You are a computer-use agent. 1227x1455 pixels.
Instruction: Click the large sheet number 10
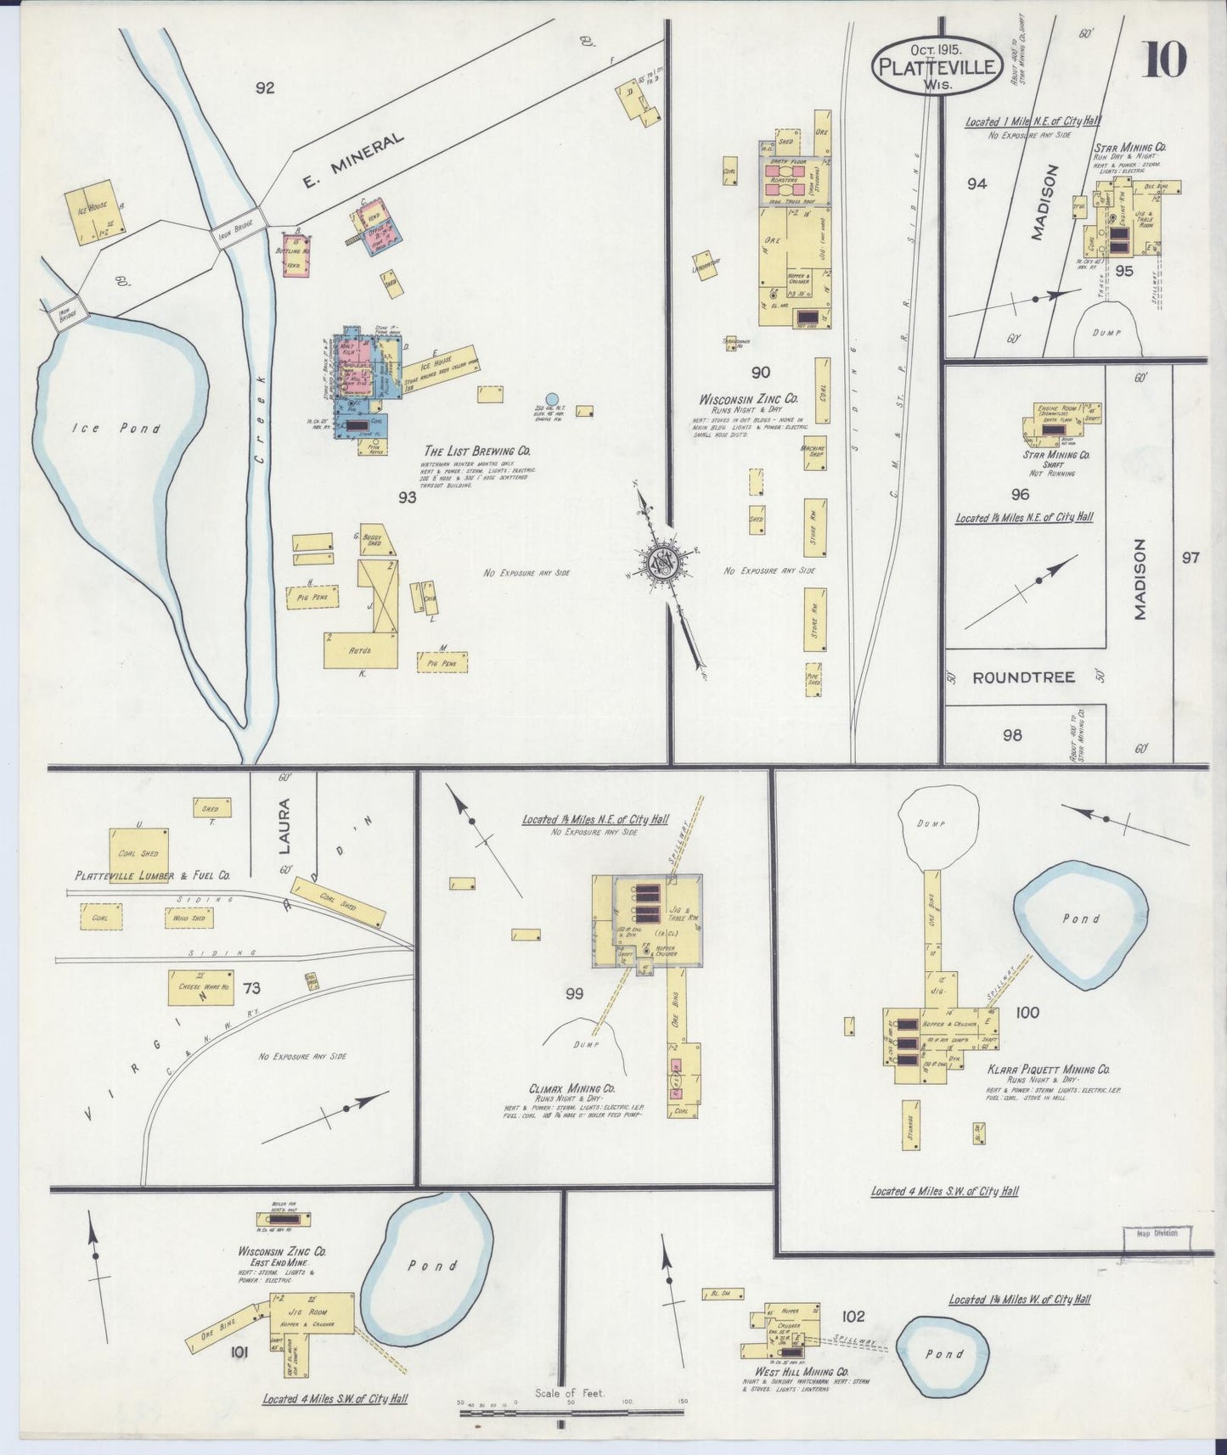(1164, 60)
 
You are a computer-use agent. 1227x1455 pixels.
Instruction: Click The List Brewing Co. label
(477, 452)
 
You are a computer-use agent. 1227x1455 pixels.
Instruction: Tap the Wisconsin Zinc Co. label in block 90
(748, 399)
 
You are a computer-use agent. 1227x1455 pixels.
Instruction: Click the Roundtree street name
(1023, 677)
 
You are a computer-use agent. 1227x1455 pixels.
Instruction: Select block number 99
(575, 994)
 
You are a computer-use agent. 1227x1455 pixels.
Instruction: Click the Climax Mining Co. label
(572, 1088)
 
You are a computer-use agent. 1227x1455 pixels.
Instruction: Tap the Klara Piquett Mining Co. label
(1048, 1070)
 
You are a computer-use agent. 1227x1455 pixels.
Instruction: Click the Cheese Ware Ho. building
(200, 987)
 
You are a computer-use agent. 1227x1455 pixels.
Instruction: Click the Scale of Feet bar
(571, 1413)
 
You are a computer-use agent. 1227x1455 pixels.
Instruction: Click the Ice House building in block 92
(94, 212)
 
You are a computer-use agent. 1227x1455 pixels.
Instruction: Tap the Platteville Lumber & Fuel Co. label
(152, 875)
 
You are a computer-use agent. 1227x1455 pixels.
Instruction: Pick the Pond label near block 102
(943, 1354)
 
